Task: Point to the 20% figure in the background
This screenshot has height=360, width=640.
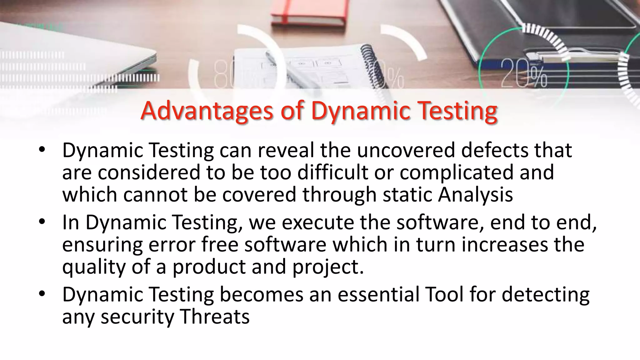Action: (x=524, y=74)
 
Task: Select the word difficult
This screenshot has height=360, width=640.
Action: (x=332, y=172)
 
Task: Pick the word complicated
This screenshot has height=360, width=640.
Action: (x=456, y=172)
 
